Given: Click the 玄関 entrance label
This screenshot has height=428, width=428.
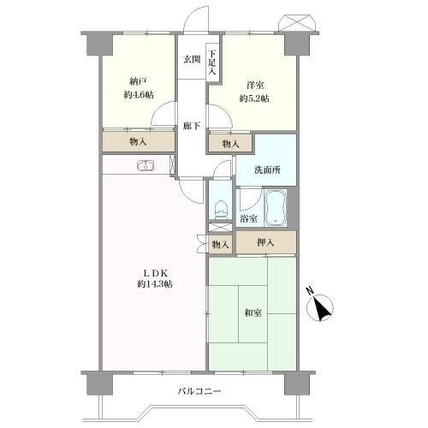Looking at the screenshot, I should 191,60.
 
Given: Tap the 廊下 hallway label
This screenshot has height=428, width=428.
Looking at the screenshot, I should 192,127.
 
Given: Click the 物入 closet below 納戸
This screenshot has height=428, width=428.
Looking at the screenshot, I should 137,142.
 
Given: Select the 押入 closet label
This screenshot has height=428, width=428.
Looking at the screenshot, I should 267,244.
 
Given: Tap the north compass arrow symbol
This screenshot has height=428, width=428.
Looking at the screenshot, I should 323,308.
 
